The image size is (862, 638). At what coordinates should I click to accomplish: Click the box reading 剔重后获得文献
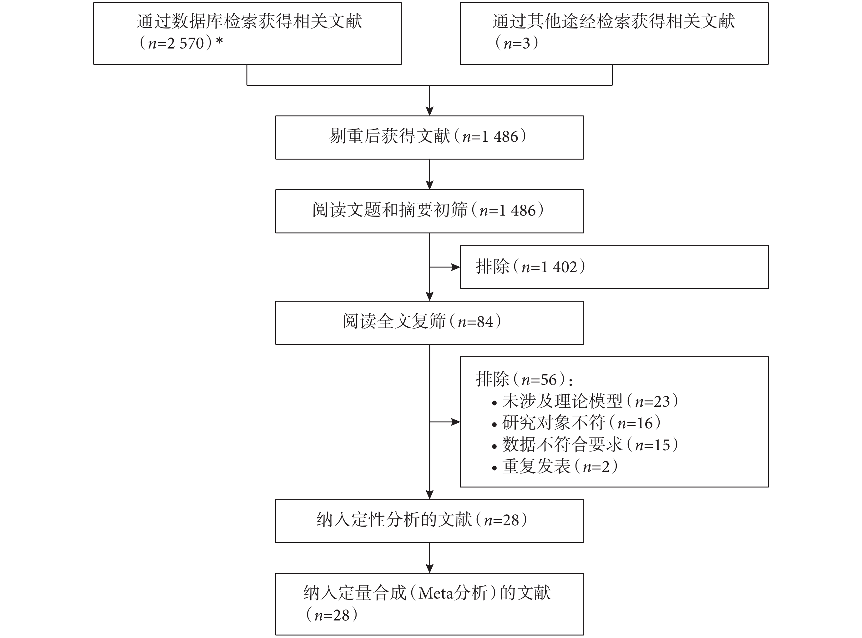click(429, 137)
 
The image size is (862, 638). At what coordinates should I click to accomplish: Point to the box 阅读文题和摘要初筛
click(429, 211)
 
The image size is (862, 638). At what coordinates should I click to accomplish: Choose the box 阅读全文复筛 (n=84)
click(429, 323)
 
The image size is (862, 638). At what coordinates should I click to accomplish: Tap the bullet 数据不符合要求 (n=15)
click(585, 445)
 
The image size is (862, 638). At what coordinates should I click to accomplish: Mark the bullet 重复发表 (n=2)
click(555, 467)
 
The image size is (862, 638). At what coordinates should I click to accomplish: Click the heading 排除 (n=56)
click(524, 380)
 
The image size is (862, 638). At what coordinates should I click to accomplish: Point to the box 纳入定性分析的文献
click(429, 521)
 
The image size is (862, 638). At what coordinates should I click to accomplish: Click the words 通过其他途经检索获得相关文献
click(613, 21)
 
